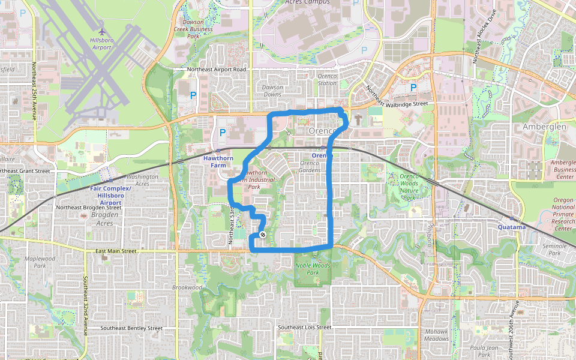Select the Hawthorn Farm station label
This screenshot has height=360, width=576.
point(217,161)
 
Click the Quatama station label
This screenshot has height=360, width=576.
point(512,227)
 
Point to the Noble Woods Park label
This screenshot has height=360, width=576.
point(313,268)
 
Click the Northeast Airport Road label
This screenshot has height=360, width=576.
point(217,70)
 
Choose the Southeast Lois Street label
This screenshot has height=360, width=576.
point(304,327)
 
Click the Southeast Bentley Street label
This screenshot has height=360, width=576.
point(131,328)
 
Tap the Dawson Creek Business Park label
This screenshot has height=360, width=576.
point(193,28)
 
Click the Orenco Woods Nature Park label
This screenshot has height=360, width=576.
point(409,187)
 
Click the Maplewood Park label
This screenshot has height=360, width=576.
point(40,262)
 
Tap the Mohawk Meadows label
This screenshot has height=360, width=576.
point(436,335)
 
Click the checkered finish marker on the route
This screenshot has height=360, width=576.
point(263,234)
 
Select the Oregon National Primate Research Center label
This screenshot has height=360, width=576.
point(563,214)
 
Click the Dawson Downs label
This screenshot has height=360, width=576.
point(272,91)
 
